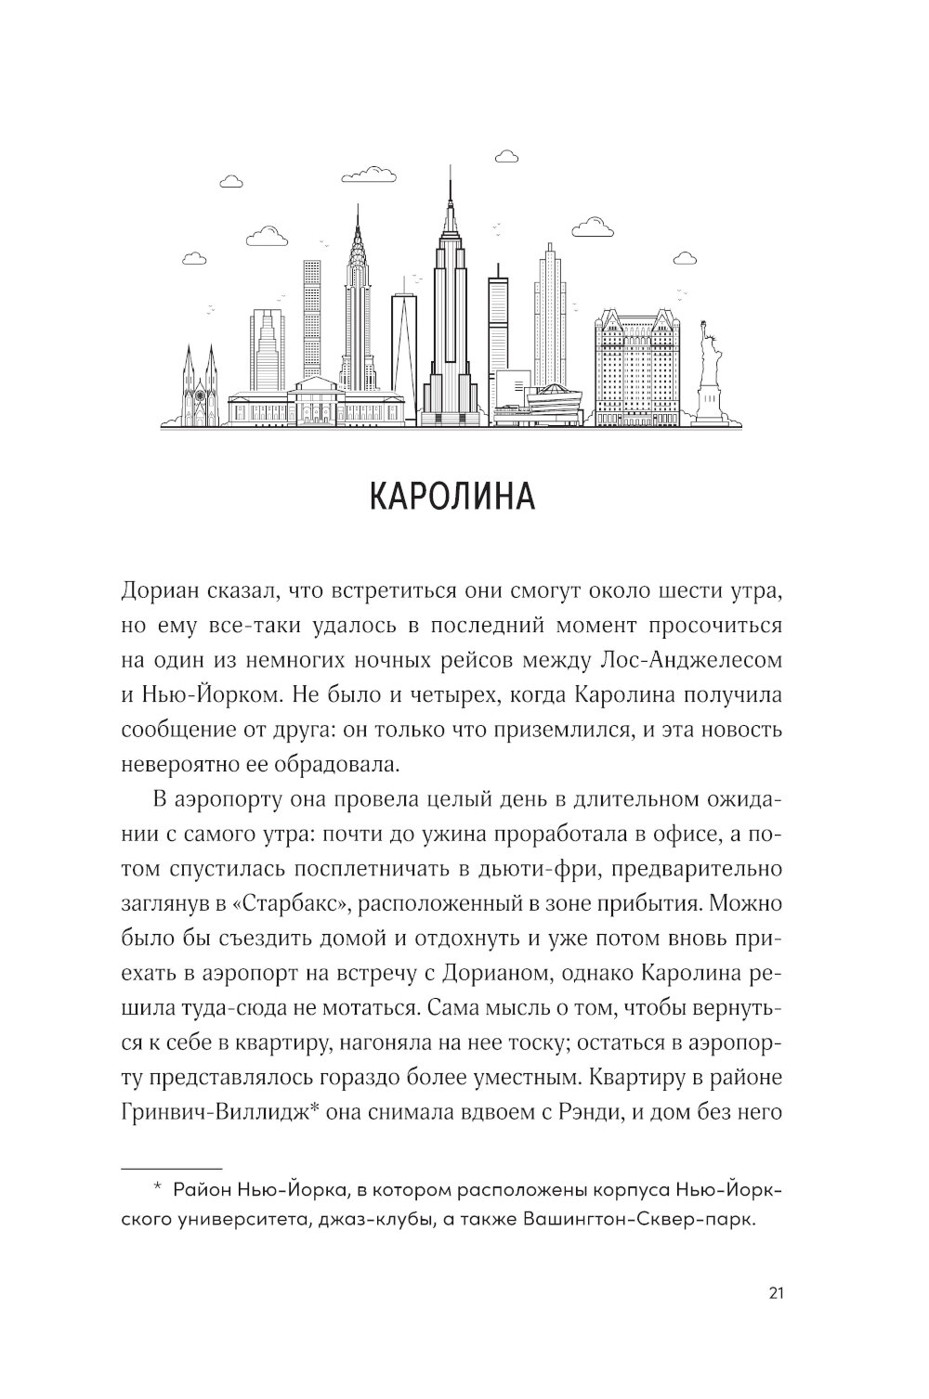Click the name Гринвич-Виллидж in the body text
point(215,1112)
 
